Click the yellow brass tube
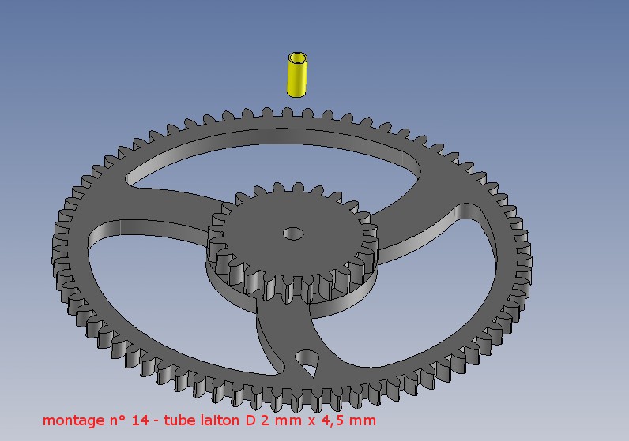[297, 74]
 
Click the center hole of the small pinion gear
[293, 233]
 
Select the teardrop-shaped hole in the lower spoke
[307, 361]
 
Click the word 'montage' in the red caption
[73, 420]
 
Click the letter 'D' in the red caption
[250, 420]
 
